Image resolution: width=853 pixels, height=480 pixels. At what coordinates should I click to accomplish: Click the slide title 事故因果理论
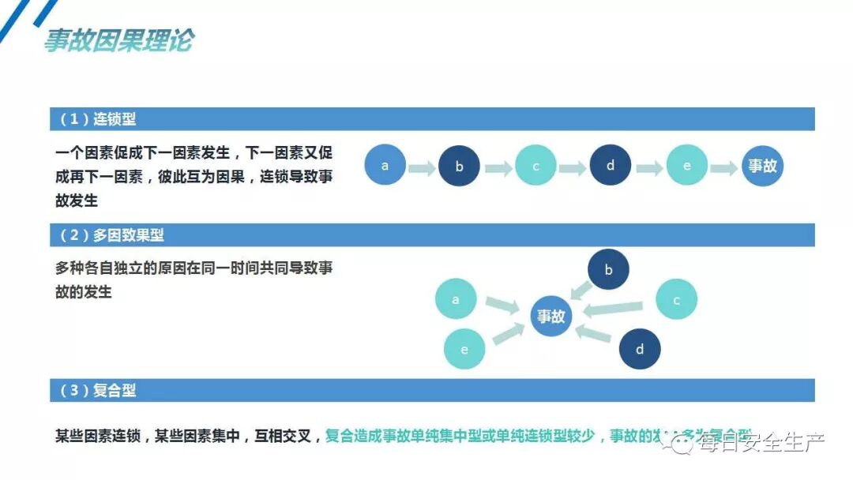(118, 40)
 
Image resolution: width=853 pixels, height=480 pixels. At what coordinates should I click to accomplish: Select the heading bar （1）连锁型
(431, 119)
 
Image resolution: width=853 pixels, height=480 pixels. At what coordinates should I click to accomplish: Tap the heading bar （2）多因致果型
(431, 234)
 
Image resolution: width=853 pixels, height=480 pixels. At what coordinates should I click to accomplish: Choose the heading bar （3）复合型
(431, 390)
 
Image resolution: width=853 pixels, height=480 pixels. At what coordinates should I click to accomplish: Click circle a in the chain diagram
(385, 166)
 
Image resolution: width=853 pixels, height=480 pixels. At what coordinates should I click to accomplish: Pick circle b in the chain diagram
(460, 167)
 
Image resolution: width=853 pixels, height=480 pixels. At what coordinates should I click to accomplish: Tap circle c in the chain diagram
(535, 166)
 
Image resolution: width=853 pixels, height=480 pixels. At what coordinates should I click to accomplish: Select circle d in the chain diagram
(611, 166)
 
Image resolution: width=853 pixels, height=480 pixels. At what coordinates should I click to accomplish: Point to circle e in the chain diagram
(686, 166)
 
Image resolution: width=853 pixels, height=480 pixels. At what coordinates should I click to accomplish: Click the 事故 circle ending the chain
(762, 166)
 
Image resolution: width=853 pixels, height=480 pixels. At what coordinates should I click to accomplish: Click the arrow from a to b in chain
(423, 167)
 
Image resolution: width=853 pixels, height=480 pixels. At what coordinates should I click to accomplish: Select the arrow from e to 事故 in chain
(723, 167)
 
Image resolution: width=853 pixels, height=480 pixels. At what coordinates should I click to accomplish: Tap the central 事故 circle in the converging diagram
(551, 317)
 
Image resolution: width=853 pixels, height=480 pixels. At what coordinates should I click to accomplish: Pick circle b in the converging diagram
(608, 270)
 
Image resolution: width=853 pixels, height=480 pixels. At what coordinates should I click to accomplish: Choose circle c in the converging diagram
(677, 300)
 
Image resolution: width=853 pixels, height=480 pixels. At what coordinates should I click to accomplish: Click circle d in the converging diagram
(640, 349)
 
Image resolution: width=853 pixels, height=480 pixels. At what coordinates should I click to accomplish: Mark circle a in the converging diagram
(456, 300)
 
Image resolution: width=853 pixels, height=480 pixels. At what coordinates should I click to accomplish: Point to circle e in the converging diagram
(464, 349)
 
